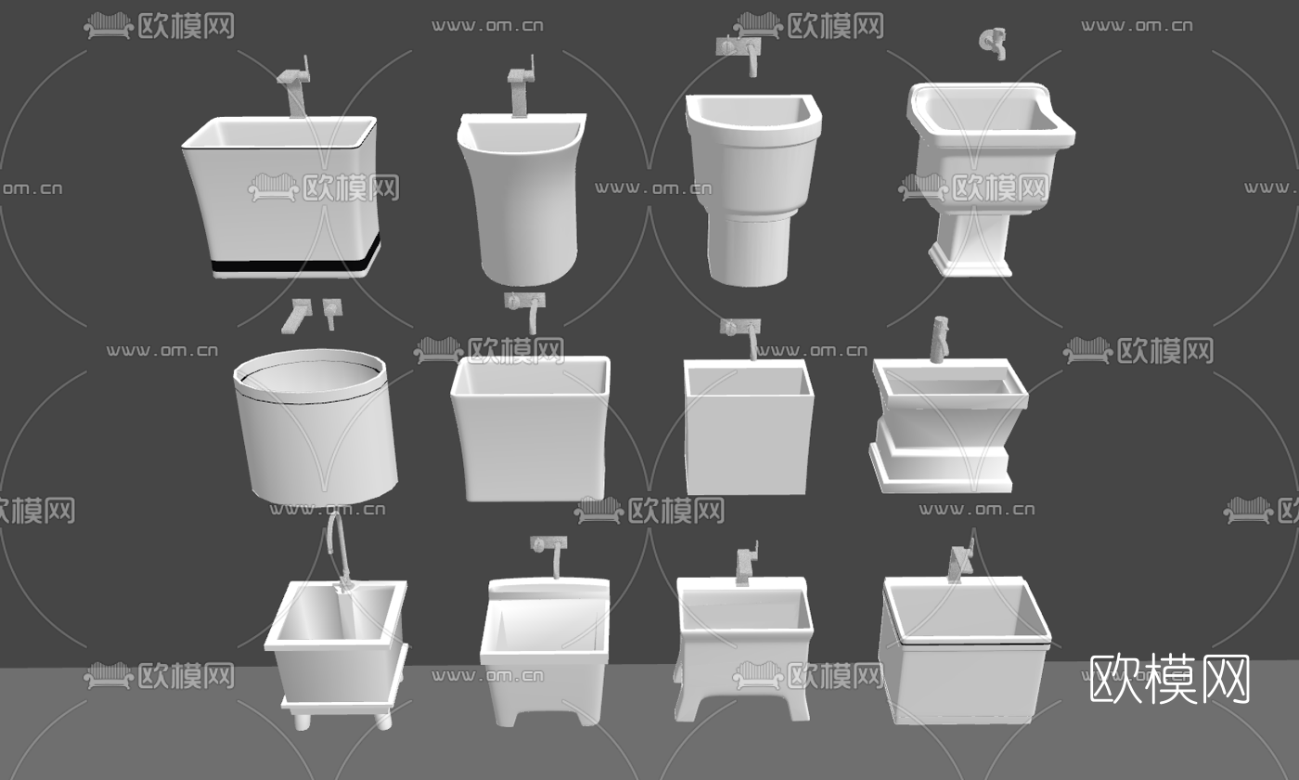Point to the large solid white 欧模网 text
1169,680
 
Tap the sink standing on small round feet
336,650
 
